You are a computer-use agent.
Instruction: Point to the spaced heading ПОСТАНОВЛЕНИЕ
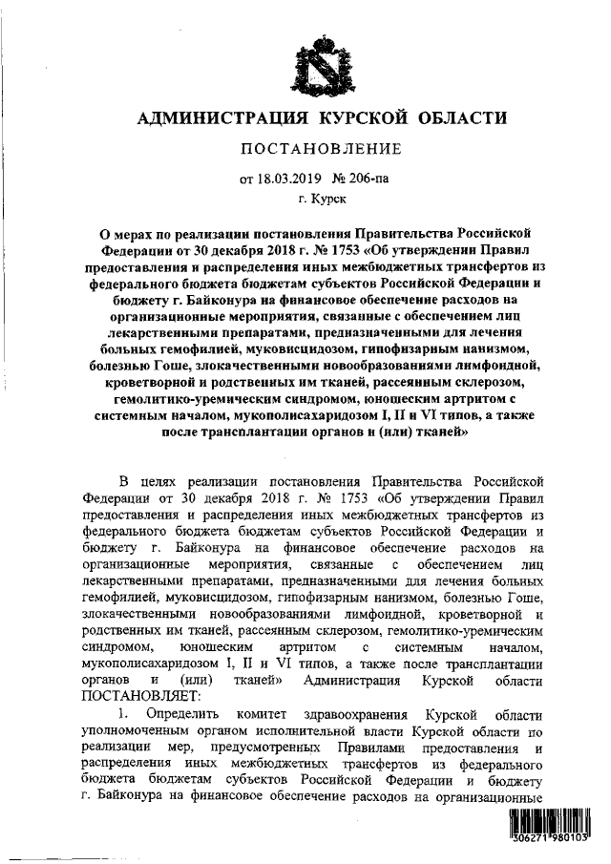click(x=316, y=149)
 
